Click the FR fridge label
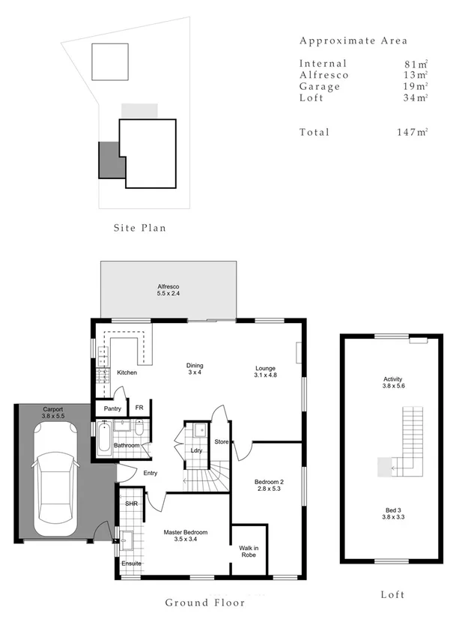[x=139, y=408]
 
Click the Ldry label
[x=197, y=450]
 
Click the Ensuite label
[x=132, y=564]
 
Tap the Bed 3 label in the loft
[x=393, y=513]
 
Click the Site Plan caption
[x=139, y=228]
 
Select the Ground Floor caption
[x=204, y=603]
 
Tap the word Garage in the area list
[x=320, y=87]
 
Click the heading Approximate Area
[x=353, y=40]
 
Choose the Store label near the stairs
[x=222, y=442]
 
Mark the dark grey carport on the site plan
[x=109, y=159]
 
